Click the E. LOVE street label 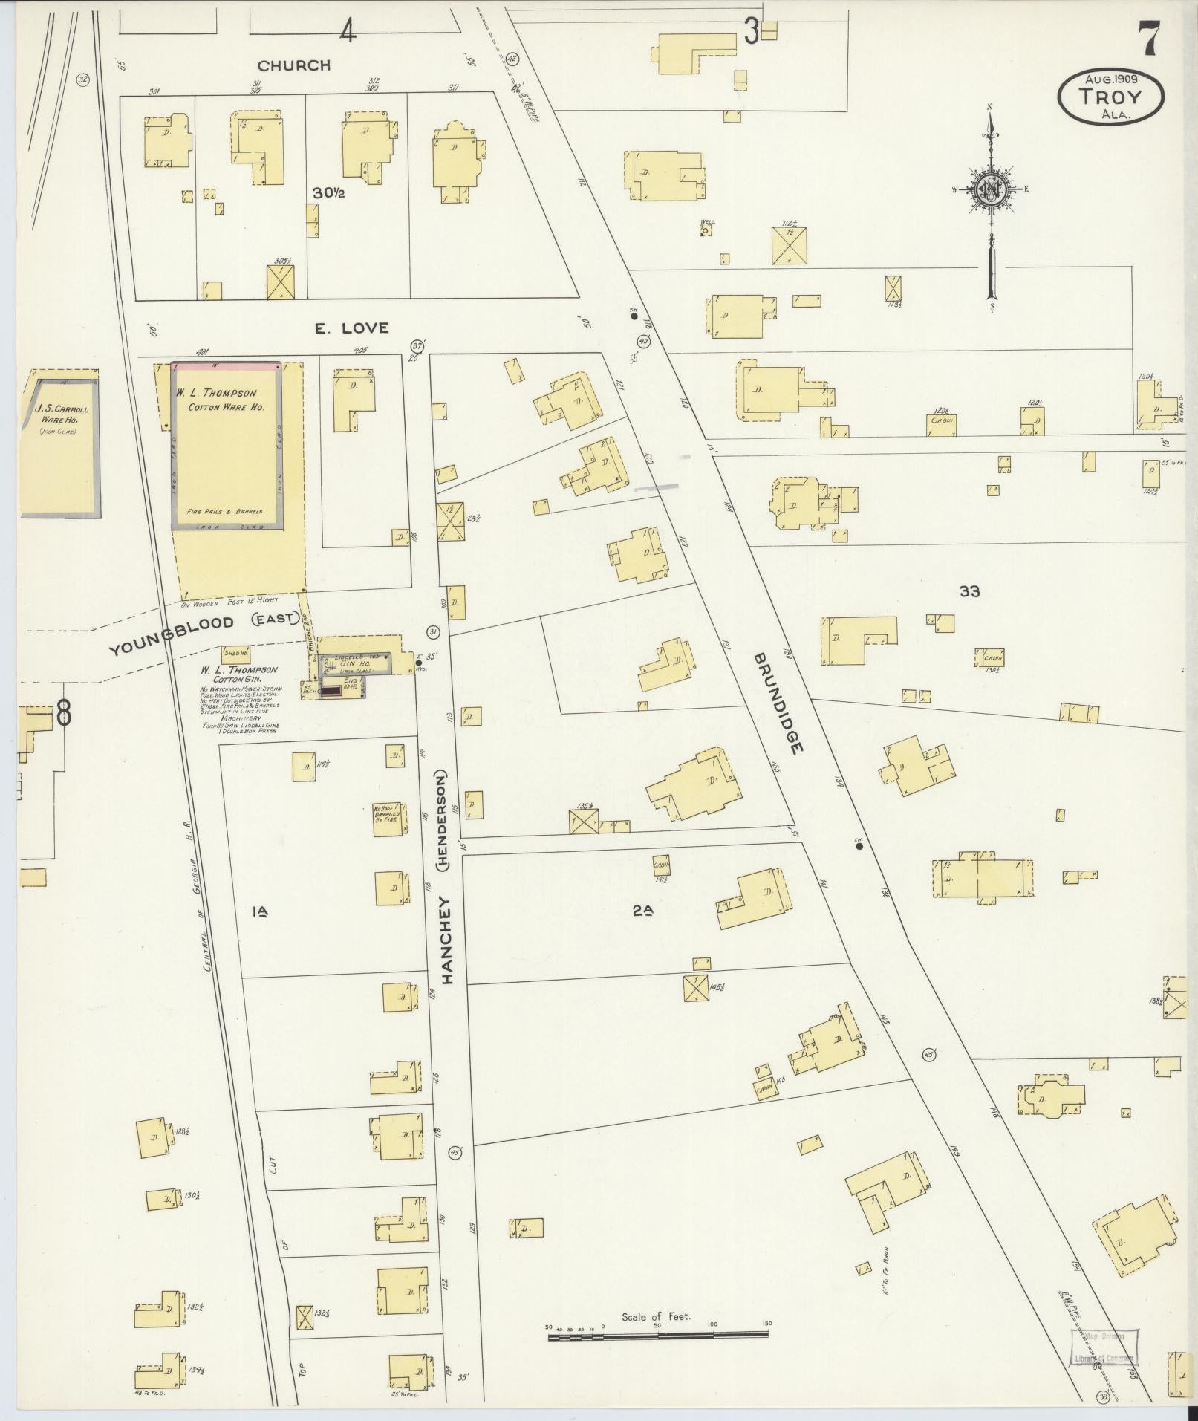coord(351,328)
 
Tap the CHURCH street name coord(294,65)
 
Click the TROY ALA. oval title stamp coord(1111,97)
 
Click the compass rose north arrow coord(991,201)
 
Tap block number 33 coord(969,591)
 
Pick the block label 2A coord(642,912)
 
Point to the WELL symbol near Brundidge coord(706,230)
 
